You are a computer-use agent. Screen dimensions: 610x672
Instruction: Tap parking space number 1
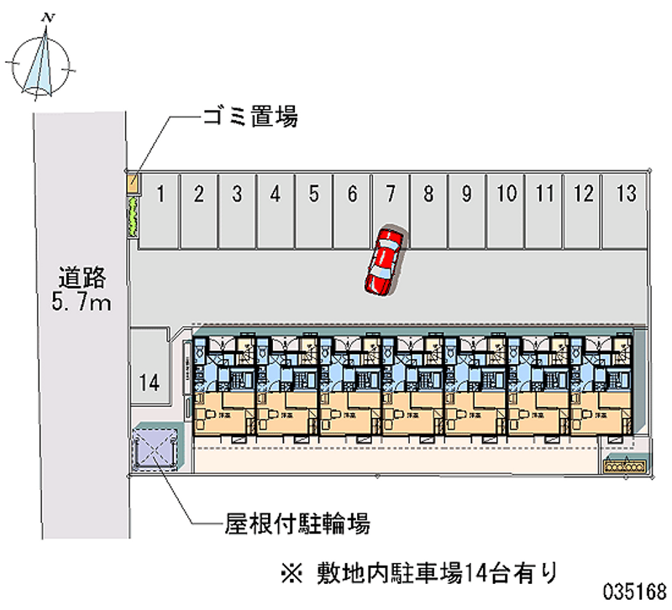[x=159, y=210]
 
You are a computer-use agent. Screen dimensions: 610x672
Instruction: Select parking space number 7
[x=390, y=210]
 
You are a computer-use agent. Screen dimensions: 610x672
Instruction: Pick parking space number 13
[x=624, y=210]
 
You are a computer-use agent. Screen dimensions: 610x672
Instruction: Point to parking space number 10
[x=506, y=210]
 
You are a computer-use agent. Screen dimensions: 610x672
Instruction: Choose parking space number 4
[x=275, y=210]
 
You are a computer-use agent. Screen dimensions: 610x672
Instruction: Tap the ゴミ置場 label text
[x=249, y=117]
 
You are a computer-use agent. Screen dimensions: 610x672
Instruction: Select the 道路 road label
[x=81, y=277]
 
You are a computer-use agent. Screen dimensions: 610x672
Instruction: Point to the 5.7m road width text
[x=81, y=302]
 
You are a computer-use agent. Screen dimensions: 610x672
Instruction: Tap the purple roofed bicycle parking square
[x=155, y=448]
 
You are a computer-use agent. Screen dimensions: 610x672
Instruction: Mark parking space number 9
[x=465, y=210]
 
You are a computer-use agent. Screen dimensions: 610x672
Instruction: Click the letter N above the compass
[x=50, y=15]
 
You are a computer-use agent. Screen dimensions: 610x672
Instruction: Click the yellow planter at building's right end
[x=623, y=463]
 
